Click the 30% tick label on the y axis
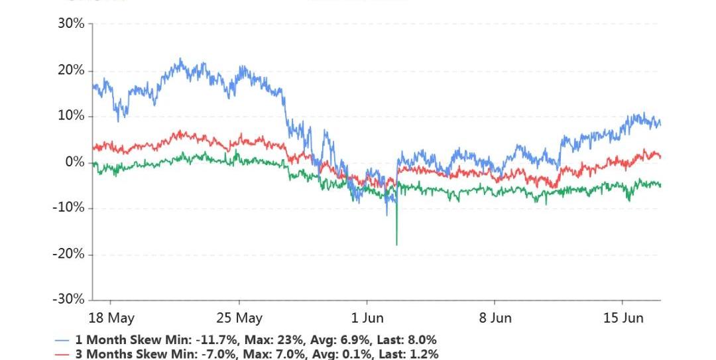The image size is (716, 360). click(x=71, y=24)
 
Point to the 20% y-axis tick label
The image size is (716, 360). click(x=71, y=70)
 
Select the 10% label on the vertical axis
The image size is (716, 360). click(x=71, y=116)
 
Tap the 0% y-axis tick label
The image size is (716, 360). click(x=74, y=162)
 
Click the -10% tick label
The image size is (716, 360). click(x=69, y=208)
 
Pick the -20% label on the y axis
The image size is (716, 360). click(x=69, y=254)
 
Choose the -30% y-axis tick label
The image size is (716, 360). click(x=69, y=300)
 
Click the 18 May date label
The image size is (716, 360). click(x=111, y=318)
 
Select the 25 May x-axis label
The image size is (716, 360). click(x=239, y=318)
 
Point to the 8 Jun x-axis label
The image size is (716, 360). click(x=495, y=318)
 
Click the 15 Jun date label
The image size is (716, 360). click(x=623, y=318)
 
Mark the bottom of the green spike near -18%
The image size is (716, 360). click(x=396, y=245)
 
